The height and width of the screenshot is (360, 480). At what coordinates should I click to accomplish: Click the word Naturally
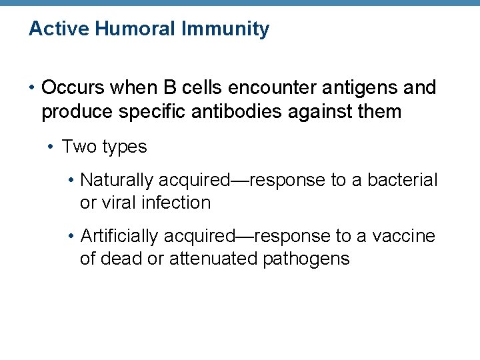click(x=117, y=180)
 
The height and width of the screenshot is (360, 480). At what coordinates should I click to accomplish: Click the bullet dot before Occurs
click(x=31, y=87)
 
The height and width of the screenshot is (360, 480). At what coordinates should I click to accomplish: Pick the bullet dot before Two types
click(x=51, y=147)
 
